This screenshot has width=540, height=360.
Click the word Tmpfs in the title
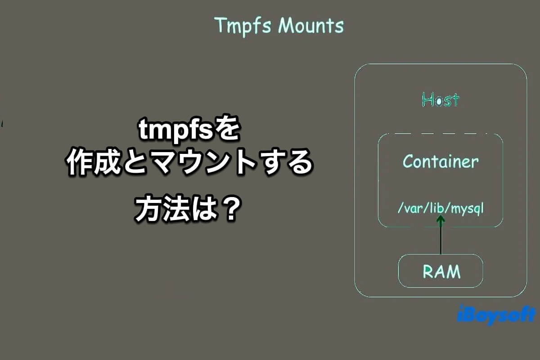[x=243, y=26]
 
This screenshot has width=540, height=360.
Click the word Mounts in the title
[x=311, y=25]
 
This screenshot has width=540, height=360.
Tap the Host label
[x=441, y=99]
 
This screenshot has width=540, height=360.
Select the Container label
[x=441, y=162]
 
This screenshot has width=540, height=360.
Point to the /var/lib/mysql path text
[x=441, y=209]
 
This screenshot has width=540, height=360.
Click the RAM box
[x=441, y=271]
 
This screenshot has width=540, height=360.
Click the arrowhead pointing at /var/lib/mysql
[x=441, y=220]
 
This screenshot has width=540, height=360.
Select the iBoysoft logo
[x=497, y=315]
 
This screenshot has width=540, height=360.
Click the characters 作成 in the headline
[x=94, y=162]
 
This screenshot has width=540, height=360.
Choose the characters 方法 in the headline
[x=162, y=209]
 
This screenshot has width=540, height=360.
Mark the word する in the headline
[x=286, y=162]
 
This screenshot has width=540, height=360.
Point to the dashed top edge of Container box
[x=441, y=133]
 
